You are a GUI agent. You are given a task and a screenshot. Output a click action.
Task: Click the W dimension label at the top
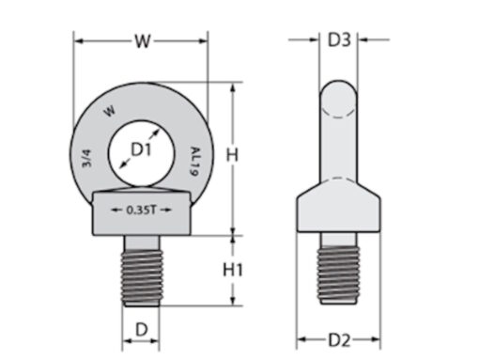142,40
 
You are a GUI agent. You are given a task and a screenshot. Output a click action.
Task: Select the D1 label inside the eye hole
141,149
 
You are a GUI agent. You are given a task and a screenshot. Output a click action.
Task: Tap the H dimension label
238,153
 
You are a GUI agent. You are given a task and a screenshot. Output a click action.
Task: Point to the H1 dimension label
234,270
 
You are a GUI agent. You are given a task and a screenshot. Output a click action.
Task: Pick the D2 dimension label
339,338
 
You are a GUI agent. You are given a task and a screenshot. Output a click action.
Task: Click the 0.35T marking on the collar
140,210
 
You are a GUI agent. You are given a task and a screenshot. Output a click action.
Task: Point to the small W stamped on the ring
110,112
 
